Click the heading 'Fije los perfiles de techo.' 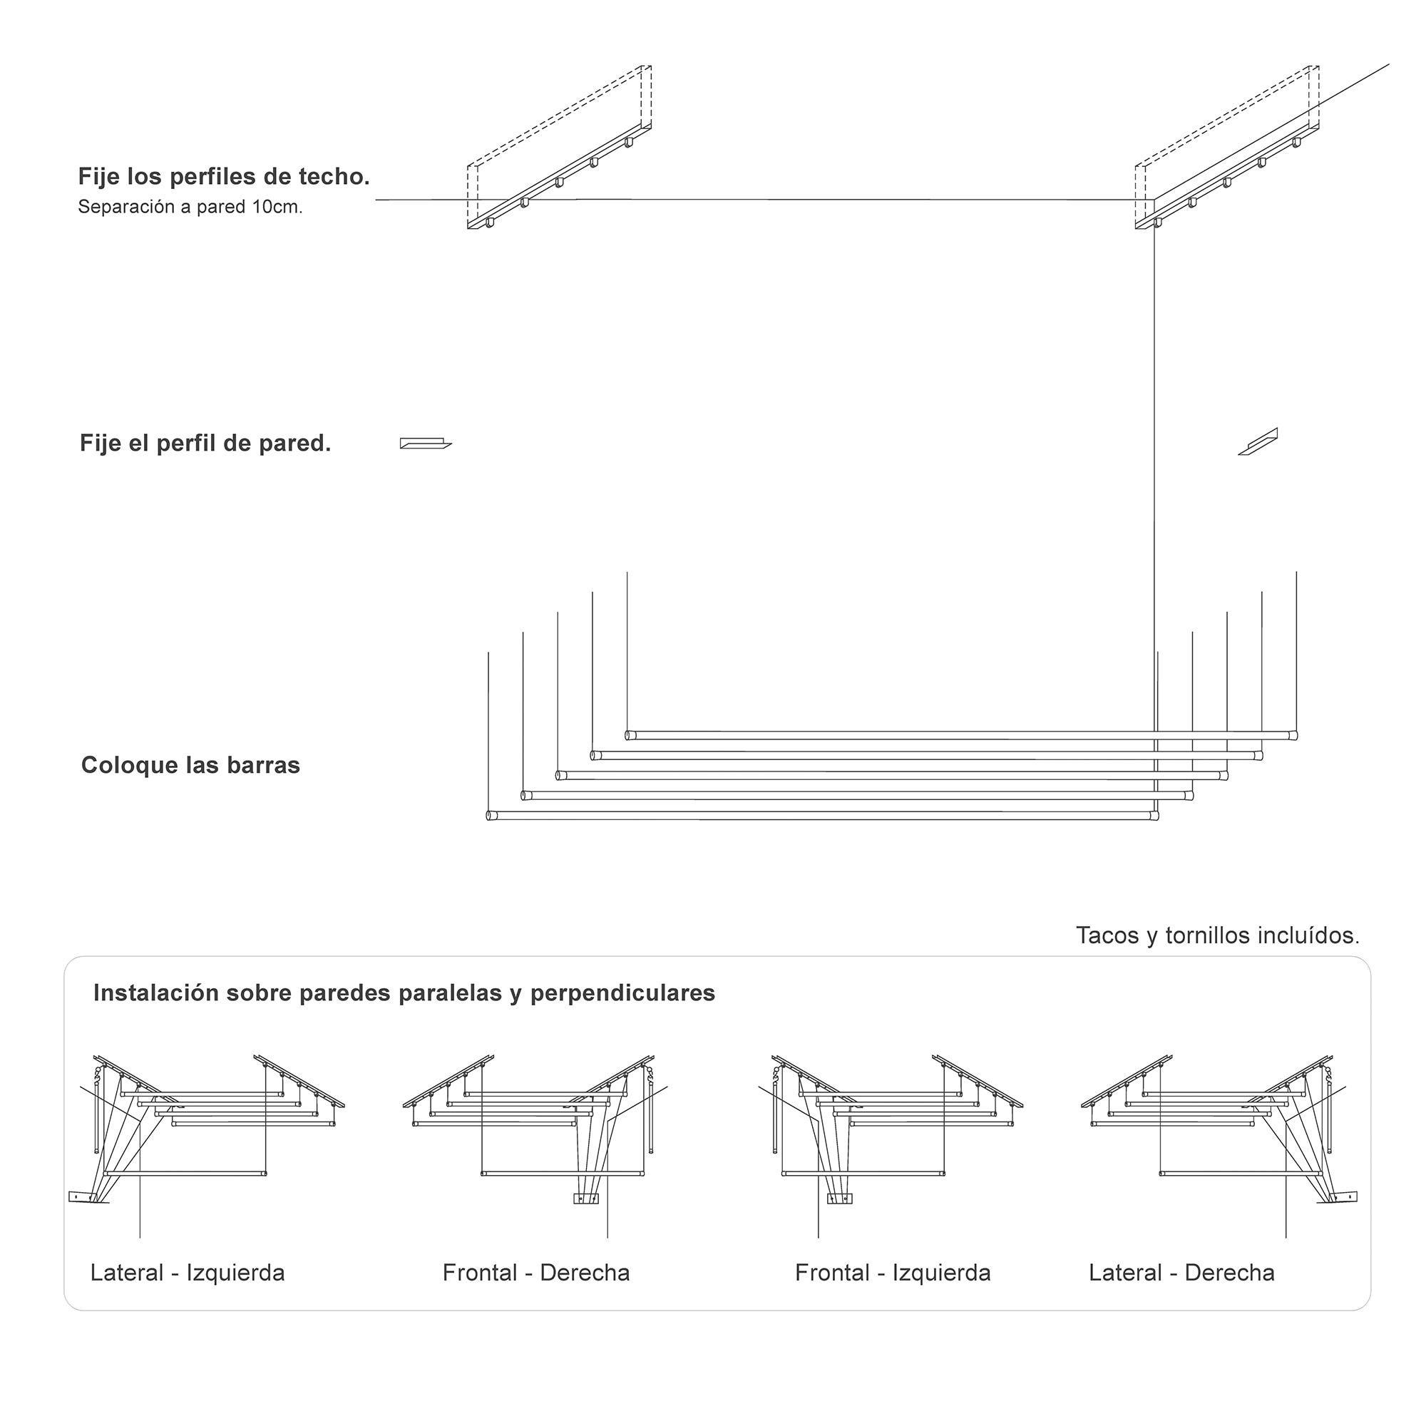224,177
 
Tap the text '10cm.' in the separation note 277,207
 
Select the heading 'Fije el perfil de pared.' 205,443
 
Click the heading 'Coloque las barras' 190,765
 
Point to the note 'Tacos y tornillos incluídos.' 1217,936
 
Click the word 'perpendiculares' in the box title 622,993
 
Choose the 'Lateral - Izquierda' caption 188,1273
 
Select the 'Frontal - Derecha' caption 536,1273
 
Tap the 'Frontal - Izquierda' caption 893,1273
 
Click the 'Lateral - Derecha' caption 1181,1273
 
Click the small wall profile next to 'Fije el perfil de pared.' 425,443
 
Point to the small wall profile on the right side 1258,442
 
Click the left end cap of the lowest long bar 489,816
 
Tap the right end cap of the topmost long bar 1293,735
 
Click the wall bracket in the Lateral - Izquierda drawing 83,1197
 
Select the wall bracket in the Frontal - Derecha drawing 586,1199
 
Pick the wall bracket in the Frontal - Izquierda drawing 839,1199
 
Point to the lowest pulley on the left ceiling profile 489,223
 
